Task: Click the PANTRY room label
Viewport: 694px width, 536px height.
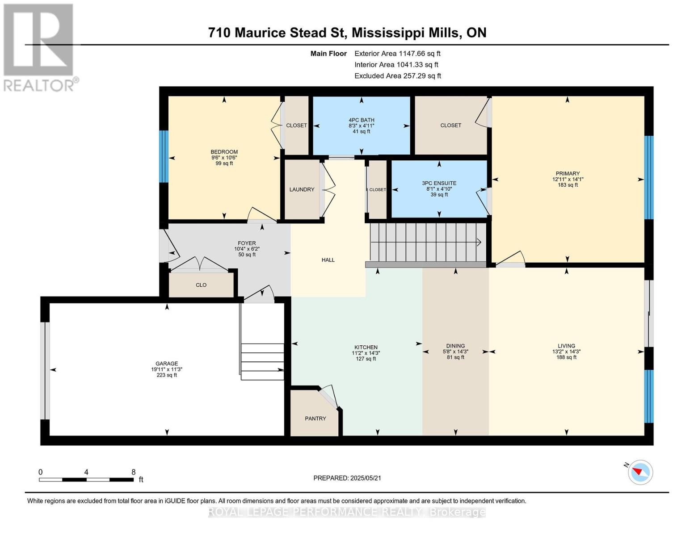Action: tap(315, 419)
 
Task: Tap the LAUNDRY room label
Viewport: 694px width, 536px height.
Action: tap(302, 189)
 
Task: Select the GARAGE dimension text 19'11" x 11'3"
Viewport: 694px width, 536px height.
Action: tap(167, 369)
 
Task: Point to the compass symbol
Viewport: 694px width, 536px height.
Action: tap(640, 472)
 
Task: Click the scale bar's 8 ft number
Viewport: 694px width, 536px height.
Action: tap(134, 472)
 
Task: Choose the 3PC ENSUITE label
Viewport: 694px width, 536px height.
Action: tap(439, 183)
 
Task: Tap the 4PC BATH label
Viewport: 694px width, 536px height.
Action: tap(362, 120)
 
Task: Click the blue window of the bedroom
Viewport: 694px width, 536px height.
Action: tap(164, 156)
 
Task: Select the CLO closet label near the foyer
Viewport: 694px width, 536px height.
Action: tap(201, 285)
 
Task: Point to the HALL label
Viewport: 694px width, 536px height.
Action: tap(328, 260)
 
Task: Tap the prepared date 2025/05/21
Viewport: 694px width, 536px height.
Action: tap(366, 478)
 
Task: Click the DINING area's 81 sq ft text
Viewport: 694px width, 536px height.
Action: tap(455, 357)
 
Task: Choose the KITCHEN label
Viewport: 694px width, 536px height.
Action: tap(366, 347)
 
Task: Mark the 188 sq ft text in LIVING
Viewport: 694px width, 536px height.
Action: tap(567, 357)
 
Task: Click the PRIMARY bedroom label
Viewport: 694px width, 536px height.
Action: tap(568, 174)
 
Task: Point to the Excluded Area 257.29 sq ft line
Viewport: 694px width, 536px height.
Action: tap(398, 76)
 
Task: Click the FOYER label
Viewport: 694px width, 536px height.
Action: tap(247, 243)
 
